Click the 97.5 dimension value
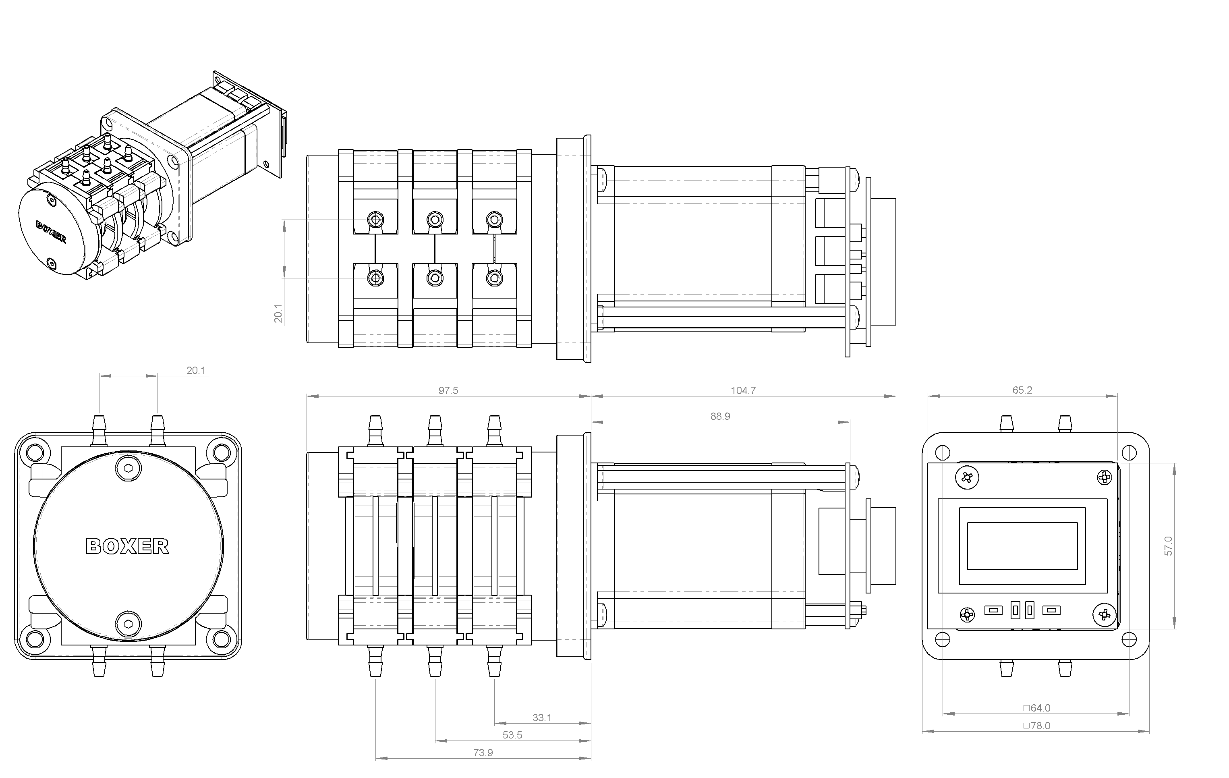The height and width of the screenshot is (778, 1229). (448, 390)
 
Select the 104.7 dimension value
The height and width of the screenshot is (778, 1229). (743, 390)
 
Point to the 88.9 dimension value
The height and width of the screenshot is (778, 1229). (720, 416)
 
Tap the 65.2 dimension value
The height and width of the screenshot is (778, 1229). (1022, 390)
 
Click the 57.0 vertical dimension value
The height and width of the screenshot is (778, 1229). (1168, 546)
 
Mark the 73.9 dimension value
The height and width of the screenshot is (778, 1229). (483, 753)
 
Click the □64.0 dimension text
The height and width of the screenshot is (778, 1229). (1036, 707)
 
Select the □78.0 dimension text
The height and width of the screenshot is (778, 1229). (1036, 725)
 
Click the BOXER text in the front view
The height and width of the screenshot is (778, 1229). (127, 546)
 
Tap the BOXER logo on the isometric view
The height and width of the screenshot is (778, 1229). (51, 232)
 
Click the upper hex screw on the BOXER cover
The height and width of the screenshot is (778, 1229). (128, 468)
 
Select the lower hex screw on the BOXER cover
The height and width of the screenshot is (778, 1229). (128, 623)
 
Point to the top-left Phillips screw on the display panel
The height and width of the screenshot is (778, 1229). (967, 478)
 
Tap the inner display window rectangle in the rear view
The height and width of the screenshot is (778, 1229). (1022, 546)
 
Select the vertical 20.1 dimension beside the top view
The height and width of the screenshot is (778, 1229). (278, 313)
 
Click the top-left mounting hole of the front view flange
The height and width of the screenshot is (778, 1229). (35, 452)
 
